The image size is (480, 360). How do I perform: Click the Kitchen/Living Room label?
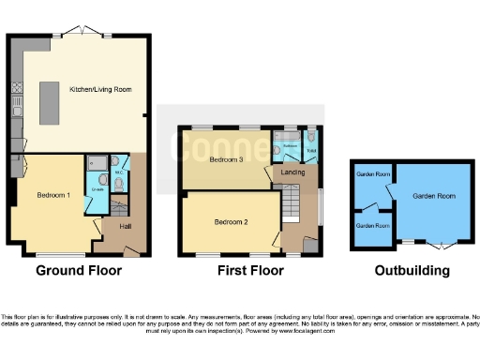[99, 89]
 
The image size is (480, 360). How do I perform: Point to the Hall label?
[125, 226]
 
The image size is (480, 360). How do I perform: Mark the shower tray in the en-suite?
[95, 164]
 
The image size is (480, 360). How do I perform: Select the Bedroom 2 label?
[232, 222]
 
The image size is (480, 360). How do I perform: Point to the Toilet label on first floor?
[311, 149]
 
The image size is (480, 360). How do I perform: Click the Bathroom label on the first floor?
[290, 147]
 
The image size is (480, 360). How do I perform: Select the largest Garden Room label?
[432, 195]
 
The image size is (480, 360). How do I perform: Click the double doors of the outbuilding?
[441, 247]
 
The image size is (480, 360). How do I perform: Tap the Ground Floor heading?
[79, 271]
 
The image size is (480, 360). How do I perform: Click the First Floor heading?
[251, 271]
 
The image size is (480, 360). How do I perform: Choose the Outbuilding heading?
[412, 271]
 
